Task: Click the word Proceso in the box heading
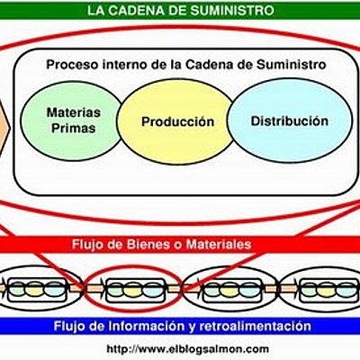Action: click(x=74, y=65)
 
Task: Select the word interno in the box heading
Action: click(x=129, y=65)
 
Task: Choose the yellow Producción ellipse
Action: click(x=178, y=121)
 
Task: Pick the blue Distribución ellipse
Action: click(x=289, y=121)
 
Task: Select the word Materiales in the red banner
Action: click(x=233, y=244)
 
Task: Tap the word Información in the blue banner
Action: click(x=151, y=325)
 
